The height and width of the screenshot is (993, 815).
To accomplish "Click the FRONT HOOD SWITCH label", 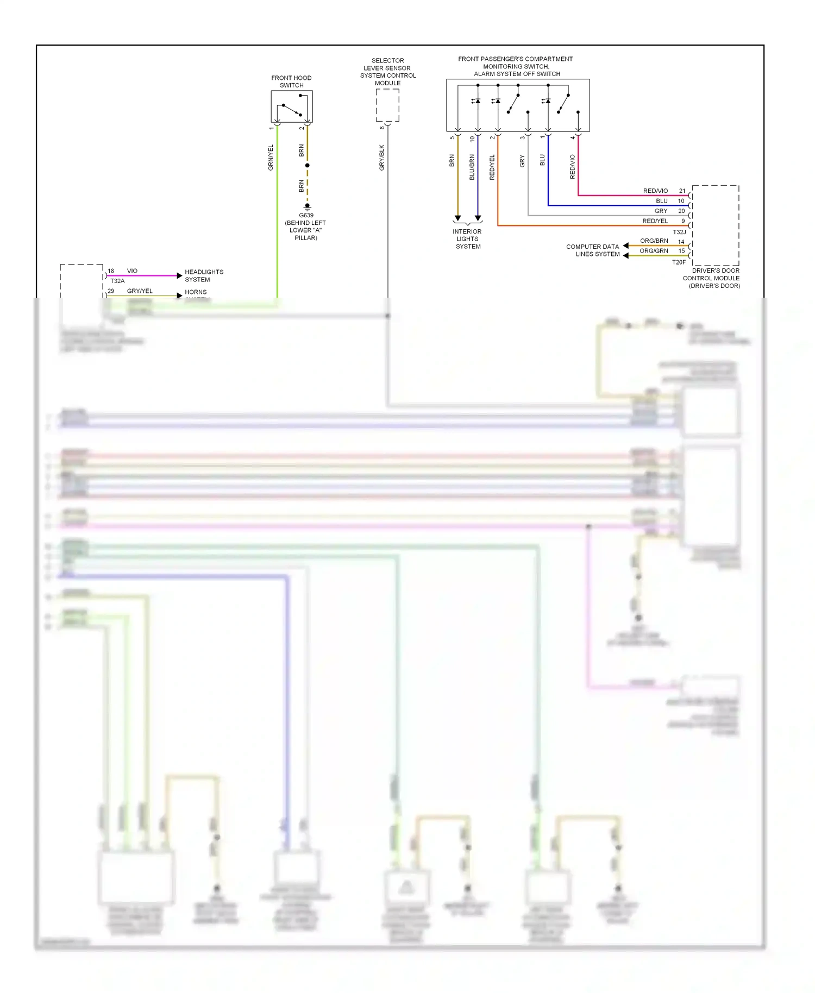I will point(291,81).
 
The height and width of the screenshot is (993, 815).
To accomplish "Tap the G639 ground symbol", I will point(307,207).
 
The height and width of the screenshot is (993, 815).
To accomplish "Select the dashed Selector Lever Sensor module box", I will point(387,105).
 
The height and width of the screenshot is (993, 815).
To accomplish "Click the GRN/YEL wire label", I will point(271,158).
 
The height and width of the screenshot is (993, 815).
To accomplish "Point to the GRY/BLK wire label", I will point(381,158).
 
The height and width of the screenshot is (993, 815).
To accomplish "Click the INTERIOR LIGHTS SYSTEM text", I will point(467,239).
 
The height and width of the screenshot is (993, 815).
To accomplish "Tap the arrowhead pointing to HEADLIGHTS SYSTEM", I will point(179,276).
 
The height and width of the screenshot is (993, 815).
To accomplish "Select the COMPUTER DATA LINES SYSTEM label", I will point(593,250).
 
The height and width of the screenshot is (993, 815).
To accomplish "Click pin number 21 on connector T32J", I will point(682,191).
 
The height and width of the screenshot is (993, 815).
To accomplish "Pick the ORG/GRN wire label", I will point(654,251).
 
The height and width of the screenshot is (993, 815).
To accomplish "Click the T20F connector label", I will point(679,262).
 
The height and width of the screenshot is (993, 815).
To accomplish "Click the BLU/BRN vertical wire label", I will point(472,167).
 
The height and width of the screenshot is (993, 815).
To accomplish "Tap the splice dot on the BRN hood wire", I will point(307,165).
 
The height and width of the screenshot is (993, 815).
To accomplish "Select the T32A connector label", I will point(117,281).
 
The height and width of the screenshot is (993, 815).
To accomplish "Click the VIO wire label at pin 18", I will point(132,271).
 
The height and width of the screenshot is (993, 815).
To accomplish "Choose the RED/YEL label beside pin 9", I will point(655,221).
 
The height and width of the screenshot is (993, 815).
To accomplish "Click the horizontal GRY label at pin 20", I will point(661,211).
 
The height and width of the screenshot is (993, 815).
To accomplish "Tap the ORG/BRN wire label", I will point(654,241).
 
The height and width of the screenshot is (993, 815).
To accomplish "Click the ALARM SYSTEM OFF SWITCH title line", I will point(517,74).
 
